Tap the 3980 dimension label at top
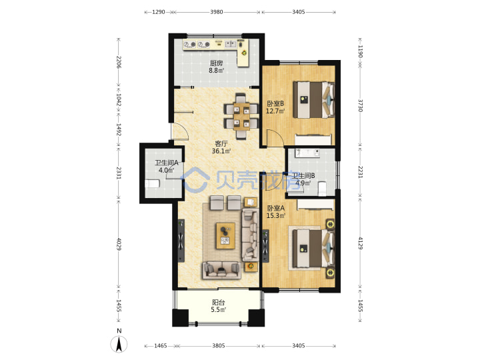click(x=217, y=12)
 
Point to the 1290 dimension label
click(x=159, y=12)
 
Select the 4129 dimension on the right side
click(x=360, y=243)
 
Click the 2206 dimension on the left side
click(x=119, y=62)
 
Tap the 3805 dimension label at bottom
click(x=219, y=345)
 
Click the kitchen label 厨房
click(x=216, y=63)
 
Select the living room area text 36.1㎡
click(x=221, y=151)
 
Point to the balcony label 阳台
click(x=218, y=303)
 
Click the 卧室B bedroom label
click(x=275, y=103)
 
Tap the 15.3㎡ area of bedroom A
click(x=275, y=215)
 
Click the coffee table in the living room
click(x=225, y=236)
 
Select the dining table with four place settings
click(x=241, y=116)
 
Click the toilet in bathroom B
click(x=323, y=189)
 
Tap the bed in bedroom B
click(x=313, y=99)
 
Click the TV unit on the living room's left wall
click(x=181, y=240)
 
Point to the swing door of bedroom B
click(x=275, y=137)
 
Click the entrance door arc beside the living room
click(x=179, y=131)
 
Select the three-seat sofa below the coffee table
click(x=221, y=270)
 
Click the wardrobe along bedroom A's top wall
click(x=315, y=205)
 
